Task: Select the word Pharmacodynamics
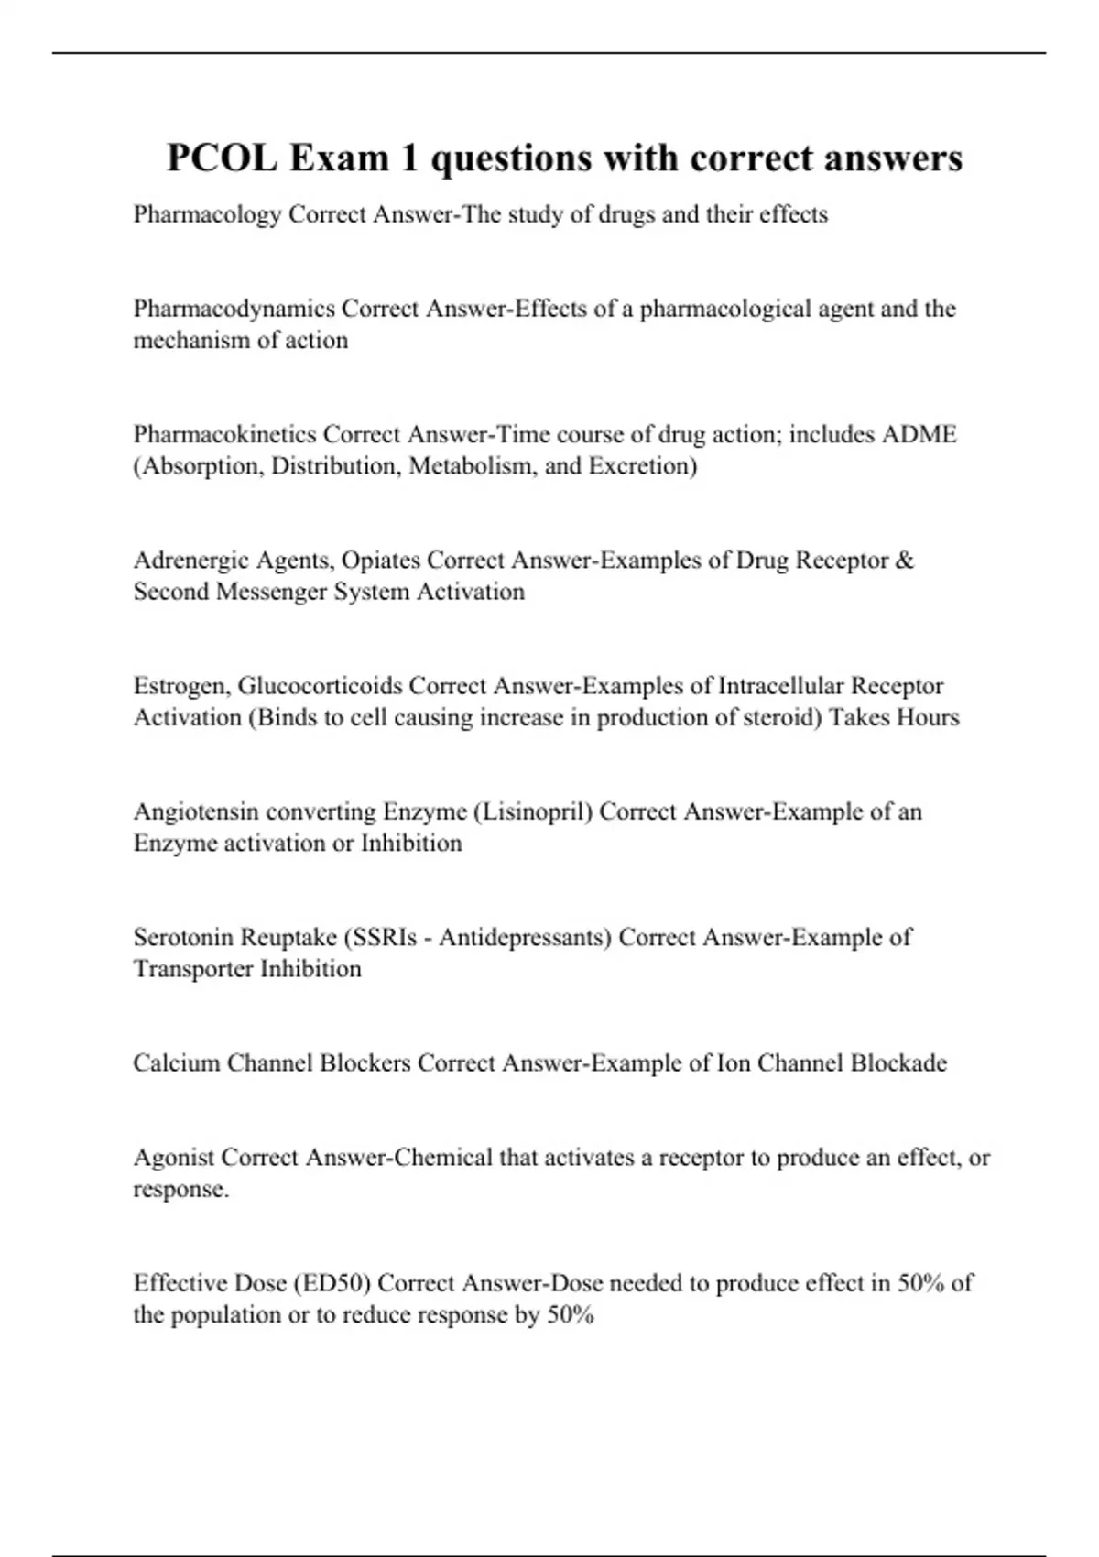click(x=234, y=309)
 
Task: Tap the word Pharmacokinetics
click(x=224, y=434)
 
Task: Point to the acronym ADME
click(x=919, y=434)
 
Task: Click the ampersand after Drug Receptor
click(x=905, y=560)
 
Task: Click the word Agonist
click(x=174, y=1158)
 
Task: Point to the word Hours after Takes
click(x=927, y=717)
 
